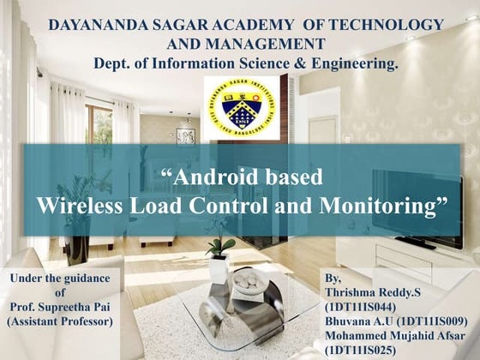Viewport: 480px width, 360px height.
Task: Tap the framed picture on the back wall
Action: pos(185,136)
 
